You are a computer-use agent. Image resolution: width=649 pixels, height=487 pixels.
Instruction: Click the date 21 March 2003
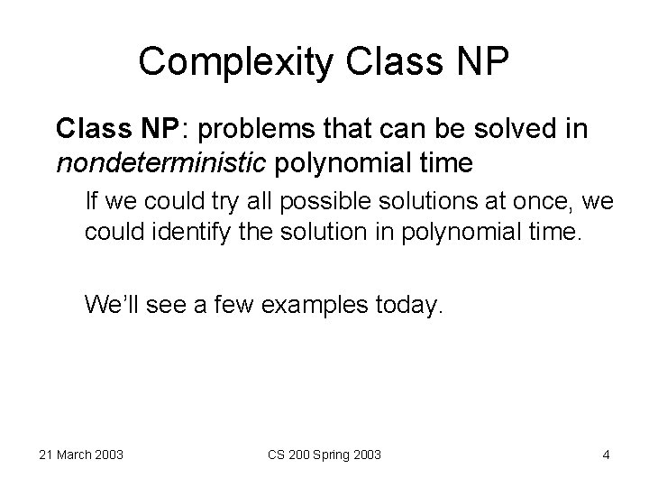tap(81, 455)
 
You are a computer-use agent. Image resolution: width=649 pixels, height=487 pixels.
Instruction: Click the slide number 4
tap(606, 455)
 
